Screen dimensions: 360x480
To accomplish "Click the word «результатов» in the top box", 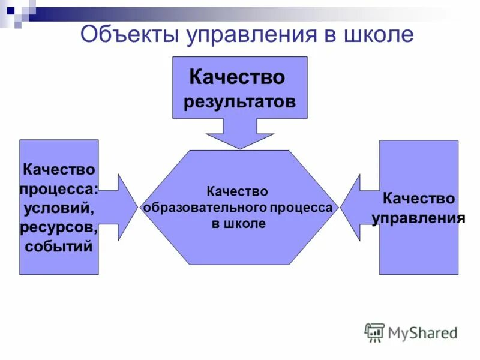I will [239, 101].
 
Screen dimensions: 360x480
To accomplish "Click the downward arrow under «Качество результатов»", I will [240, 133].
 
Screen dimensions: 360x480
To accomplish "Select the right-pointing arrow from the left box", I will [125, 208].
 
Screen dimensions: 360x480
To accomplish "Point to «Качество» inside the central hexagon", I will [237, 191].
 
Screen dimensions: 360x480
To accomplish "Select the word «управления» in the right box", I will [419, 217].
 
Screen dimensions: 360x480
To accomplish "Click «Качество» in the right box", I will [419, 198].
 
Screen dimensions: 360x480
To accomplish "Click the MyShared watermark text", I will [422, 332].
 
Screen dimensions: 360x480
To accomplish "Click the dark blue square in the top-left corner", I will [11, 10].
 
